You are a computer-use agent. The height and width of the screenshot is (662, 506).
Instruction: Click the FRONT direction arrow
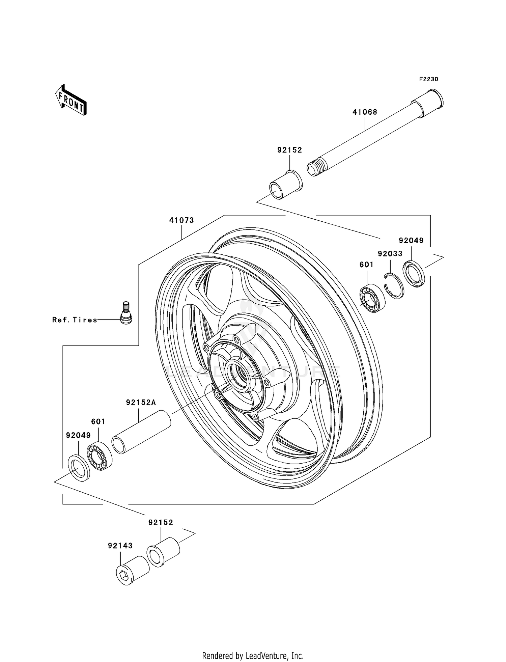coord(71,101)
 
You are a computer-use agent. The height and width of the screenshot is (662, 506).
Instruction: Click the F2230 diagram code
coord(428,79)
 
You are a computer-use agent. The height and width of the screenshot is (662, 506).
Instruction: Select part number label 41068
coord(365,112)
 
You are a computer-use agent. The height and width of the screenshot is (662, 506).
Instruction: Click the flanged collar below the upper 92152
coord(285,185)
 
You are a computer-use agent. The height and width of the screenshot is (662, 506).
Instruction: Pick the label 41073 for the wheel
coord(181,220)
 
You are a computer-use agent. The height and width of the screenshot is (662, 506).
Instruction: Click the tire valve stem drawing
coord(126,313)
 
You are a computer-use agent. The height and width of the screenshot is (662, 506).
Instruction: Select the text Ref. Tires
coord(75,320)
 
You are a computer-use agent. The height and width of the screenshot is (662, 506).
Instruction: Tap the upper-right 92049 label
coord(411,241)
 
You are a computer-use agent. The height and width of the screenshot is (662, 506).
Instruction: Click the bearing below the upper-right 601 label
coord(371,298)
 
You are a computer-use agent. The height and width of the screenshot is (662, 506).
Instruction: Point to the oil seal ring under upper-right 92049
coord(414,274)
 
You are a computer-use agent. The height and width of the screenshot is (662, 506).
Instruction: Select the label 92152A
coord(141,403)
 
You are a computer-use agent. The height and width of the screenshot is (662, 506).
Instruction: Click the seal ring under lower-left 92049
coord(79,468)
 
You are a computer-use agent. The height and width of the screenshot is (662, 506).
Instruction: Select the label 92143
coord(120,546)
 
